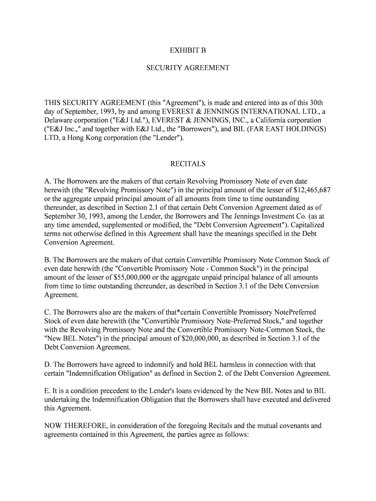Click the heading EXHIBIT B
(188, 50)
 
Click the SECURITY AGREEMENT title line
(188, 68)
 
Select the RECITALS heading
(188, 164)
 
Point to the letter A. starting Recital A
(48, 182)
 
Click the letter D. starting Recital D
(48, 364)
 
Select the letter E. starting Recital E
(47, 391)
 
